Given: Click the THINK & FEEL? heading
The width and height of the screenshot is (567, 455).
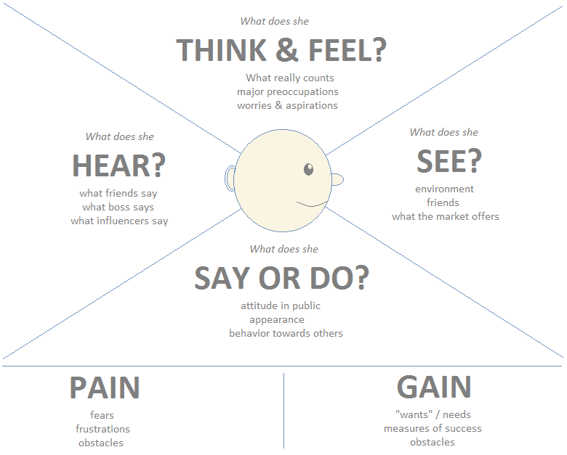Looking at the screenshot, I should (281, 51).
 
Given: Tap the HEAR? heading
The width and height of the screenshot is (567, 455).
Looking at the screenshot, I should (118, 166).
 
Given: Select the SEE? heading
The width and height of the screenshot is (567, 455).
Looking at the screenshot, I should (449, 162).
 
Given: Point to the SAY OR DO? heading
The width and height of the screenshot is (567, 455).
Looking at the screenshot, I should (281, 278).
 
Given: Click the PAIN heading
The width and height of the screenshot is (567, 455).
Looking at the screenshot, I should (105, 388).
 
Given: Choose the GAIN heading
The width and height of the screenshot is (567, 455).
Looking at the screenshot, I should (434, 388).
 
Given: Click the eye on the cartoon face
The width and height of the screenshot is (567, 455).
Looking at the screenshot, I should (308, 170).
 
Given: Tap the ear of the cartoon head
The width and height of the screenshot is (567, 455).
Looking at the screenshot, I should (230, 178).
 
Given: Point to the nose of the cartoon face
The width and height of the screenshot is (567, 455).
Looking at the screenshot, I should (337, 179).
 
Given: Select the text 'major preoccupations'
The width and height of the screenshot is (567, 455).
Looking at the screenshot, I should (287, 91).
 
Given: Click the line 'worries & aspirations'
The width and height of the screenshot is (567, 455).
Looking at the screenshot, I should (287, 105).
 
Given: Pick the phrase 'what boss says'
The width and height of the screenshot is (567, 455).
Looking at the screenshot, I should (118, 207).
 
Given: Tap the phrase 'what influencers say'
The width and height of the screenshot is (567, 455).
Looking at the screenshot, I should (119, 221).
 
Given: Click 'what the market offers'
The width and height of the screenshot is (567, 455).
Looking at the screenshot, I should (445, 216).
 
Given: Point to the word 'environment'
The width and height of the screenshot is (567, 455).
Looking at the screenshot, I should (444, 189).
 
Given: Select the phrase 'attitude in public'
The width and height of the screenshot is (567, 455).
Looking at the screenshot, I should (281, 306).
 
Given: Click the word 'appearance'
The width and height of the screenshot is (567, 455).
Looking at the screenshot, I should (276, 319).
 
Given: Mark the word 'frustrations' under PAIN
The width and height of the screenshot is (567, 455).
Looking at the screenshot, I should (103, 429).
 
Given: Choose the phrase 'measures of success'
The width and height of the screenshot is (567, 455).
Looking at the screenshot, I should (433, 428).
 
